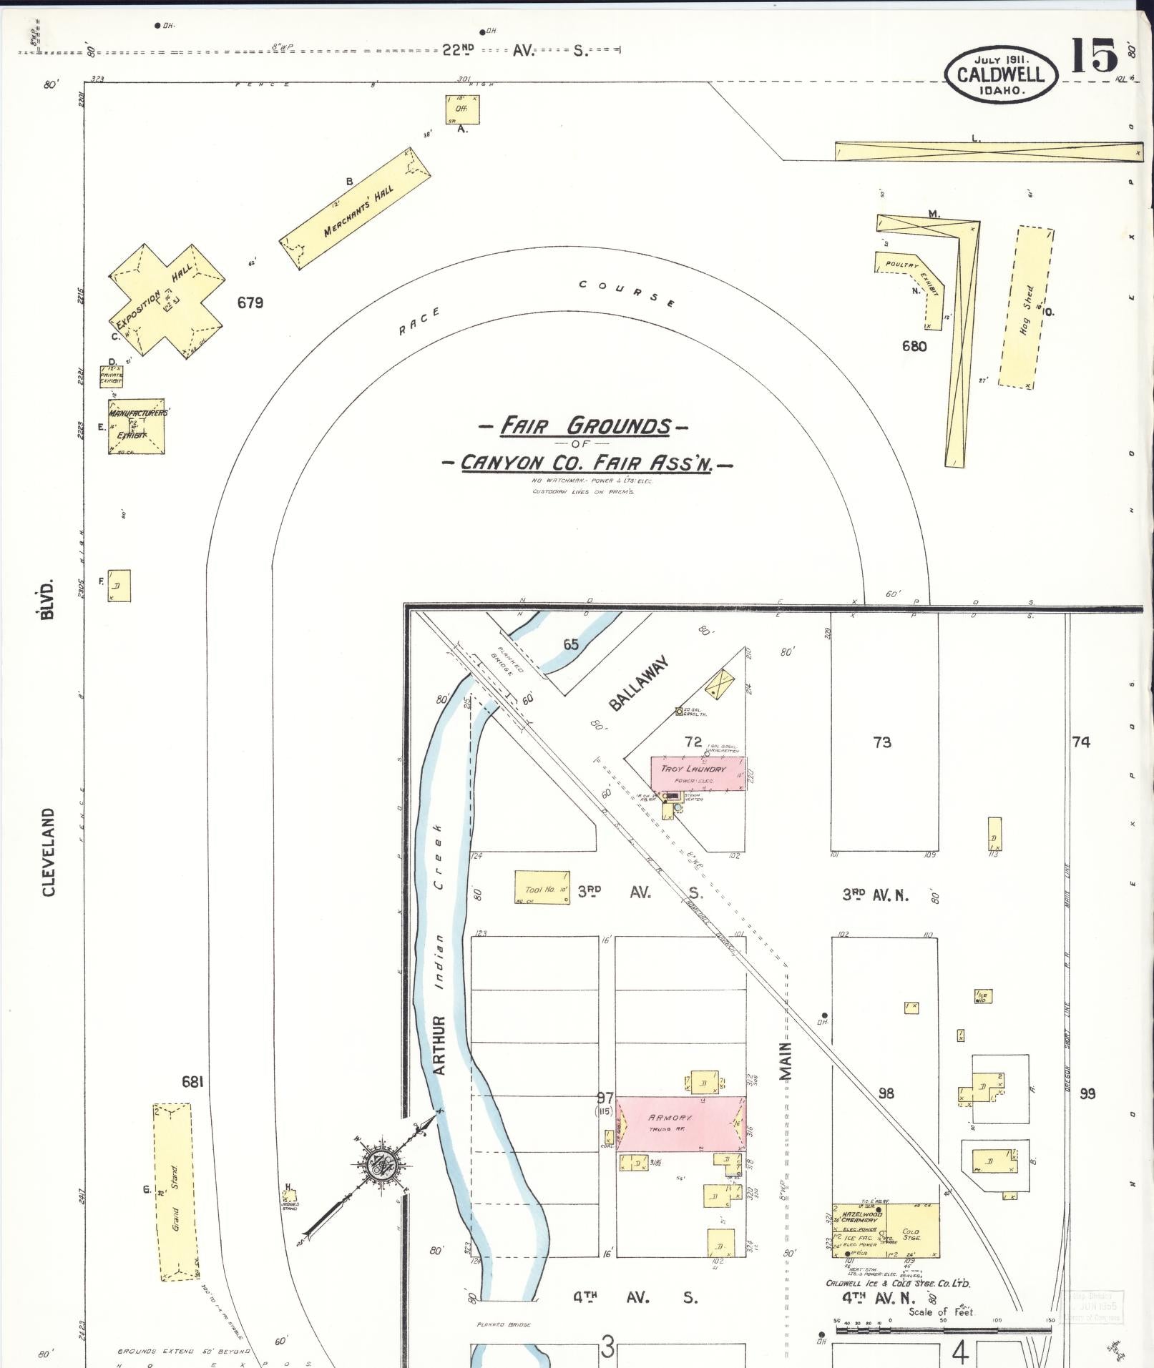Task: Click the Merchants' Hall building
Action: (356, 210)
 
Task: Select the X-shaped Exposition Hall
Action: (167, 300)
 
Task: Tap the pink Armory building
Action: (680, 1123)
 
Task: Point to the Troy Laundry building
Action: (698, 774)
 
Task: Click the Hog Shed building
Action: (1027, 308)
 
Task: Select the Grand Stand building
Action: (172, 1192)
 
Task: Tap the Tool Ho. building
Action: (542, 888)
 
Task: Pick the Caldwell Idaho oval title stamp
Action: (1000, 74)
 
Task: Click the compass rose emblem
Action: (378, 1167)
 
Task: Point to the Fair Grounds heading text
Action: (585, 427)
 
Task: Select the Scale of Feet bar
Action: (942, 1331)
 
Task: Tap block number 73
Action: (882, 742)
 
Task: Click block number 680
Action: (914, 347)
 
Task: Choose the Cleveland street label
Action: (49, 852)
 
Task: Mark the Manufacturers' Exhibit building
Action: (137, 425)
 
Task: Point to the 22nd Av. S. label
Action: (514, 51)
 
